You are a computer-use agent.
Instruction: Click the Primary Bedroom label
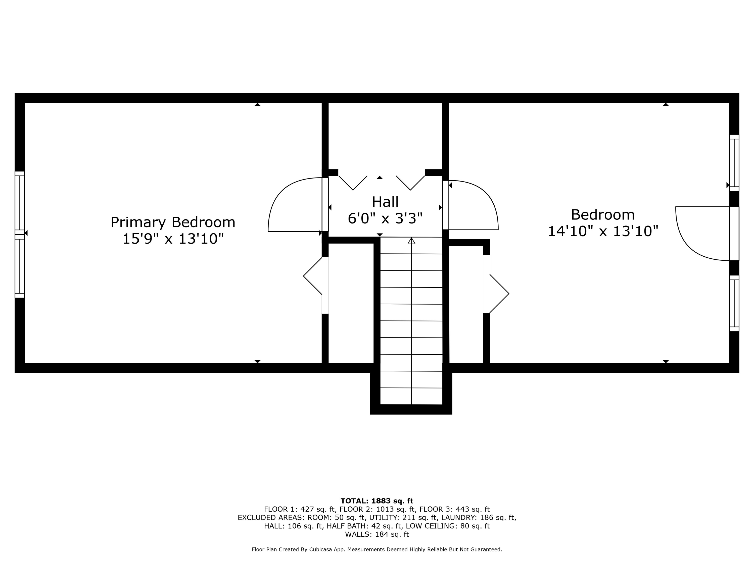tap(173, 223)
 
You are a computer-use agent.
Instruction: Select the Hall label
tap(385, 202)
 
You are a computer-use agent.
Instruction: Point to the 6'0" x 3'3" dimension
tap(385, 218)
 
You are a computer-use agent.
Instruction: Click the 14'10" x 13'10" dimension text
tap(603, 231)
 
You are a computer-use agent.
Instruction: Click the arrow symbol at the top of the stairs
tap(411, 241)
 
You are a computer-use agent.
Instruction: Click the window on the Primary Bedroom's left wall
tap(20, 235)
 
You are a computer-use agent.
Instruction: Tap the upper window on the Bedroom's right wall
tap(734, 163)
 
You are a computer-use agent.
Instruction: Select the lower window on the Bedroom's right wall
tap(734, 303)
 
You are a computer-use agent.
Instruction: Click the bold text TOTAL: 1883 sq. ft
tap(377, 501)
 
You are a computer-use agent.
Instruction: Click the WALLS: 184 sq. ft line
tap(377, 534)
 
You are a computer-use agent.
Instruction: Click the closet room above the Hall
tap(385, 136)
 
